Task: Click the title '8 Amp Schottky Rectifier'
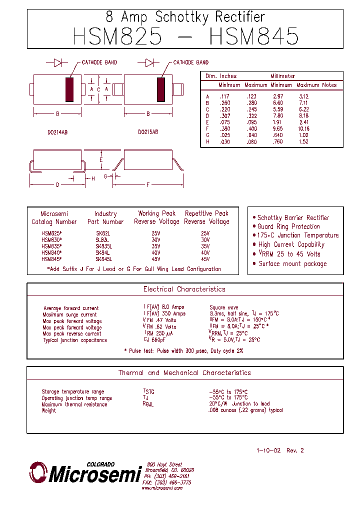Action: (x=185, y=17)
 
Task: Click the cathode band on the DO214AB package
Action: (x=69, y=89)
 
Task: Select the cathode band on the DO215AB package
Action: (x=161, y=89)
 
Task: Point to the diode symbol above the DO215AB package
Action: (x=149, y=62)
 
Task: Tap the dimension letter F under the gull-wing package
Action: (x=148, y=184)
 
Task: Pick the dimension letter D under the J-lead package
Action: (x=57, y=184)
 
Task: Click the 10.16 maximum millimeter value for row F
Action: (x=303, y=128)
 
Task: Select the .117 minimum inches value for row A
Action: (x=224, y=96)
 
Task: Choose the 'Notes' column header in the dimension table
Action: (x=329, y=85)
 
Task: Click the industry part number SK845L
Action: (x=104, y=259)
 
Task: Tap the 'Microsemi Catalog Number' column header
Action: (x=54, y=217)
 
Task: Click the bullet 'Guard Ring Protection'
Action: (x=288, y=226)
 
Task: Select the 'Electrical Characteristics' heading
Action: (x=184, y=289)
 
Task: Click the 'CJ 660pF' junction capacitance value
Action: (x=154, y=340)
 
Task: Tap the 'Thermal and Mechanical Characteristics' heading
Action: (x=184, y=372)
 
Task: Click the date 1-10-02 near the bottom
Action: (x=268, y=450)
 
